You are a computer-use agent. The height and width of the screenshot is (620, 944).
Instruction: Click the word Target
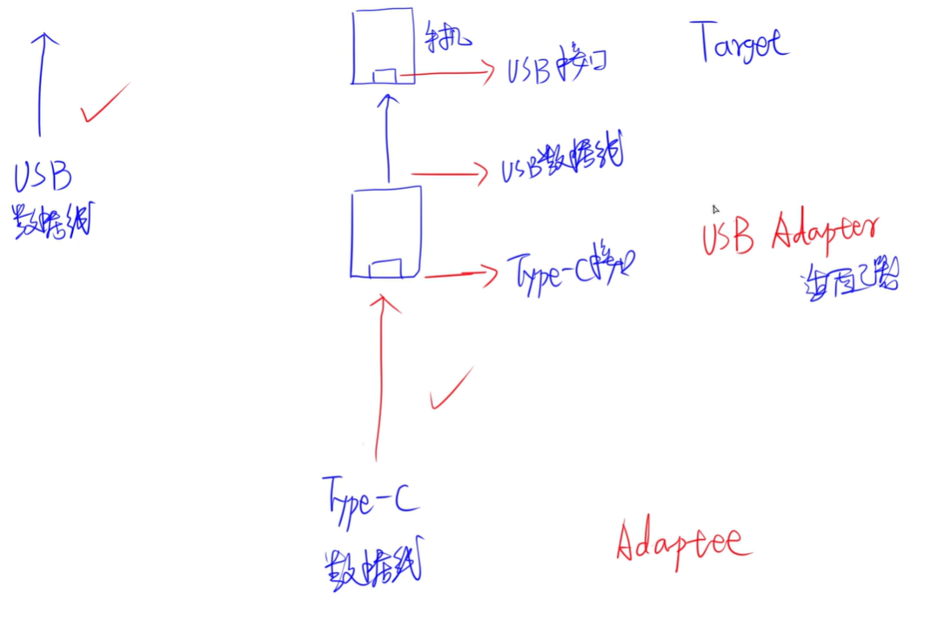coord(742,42)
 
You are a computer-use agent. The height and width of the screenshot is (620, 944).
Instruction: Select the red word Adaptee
coord(683,542)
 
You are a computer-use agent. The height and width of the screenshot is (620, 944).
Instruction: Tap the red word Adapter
coord(825,232)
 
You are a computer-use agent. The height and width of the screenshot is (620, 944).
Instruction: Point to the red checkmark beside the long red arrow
coord(450,389)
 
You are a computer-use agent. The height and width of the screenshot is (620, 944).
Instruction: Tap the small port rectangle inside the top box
coord(384,77)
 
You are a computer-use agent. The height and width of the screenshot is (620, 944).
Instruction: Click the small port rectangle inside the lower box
coord(385,268)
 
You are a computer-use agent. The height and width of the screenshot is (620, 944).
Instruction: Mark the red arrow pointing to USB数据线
coord(448,173)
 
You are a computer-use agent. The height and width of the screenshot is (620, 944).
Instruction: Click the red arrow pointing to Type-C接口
coord(461,275)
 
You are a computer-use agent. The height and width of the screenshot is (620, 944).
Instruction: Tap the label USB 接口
coord(555,67)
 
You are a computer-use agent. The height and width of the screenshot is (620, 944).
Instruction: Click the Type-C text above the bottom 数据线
coord(370,499)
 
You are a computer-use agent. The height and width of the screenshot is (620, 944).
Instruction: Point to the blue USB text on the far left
coord(43,177)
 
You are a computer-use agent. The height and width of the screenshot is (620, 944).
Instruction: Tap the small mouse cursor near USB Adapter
coord(715,209)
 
